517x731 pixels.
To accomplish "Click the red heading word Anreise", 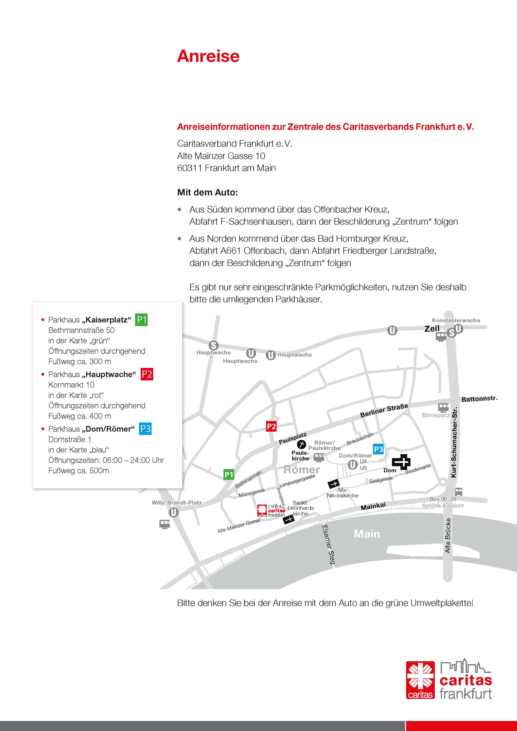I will point(208,56).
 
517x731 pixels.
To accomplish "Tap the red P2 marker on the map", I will point(271,426).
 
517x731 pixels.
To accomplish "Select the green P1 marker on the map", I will point(229,474).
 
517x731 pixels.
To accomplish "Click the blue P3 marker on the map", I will point(378,449).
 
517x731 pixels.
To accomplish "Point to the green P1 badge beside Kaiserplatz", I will point(141,320).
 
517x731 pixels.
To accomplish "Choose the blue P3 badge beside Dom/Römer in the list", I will point(145,429).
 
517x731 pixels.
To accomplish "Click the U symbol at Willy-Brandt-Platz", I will point(173,512).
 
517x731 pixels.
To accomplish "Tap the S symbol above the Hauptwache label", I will point(213,345).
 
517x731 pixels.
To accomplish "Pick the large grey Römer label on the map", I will point(301,470).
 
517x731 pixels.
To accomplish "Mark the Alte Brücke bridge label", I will point(448,535).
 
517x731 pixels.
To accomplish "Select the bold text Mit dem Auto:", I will point(207,192).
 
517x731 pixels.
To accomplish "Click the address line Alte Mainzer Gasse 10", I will point(221,156).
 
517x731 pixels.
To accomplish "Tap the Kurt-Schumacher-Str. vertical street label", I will point(454,442).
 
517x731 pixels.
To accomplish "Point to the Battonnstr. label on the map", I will point(479,399).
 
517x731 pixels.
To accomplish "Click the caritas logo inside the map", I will point(271,510).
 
